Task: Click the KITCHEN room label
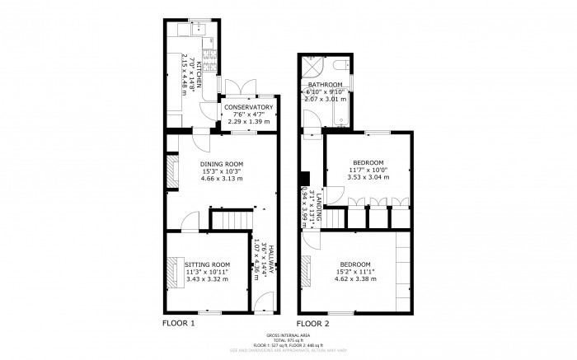(x=198, y=57)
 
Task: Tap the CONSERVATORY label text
(x=248, y=107)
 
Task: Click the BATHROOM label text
(x=326, y=84)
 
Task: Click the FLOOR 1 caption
(x=178, y=324)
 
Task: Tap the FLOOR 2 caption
(x=313, y=324)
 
